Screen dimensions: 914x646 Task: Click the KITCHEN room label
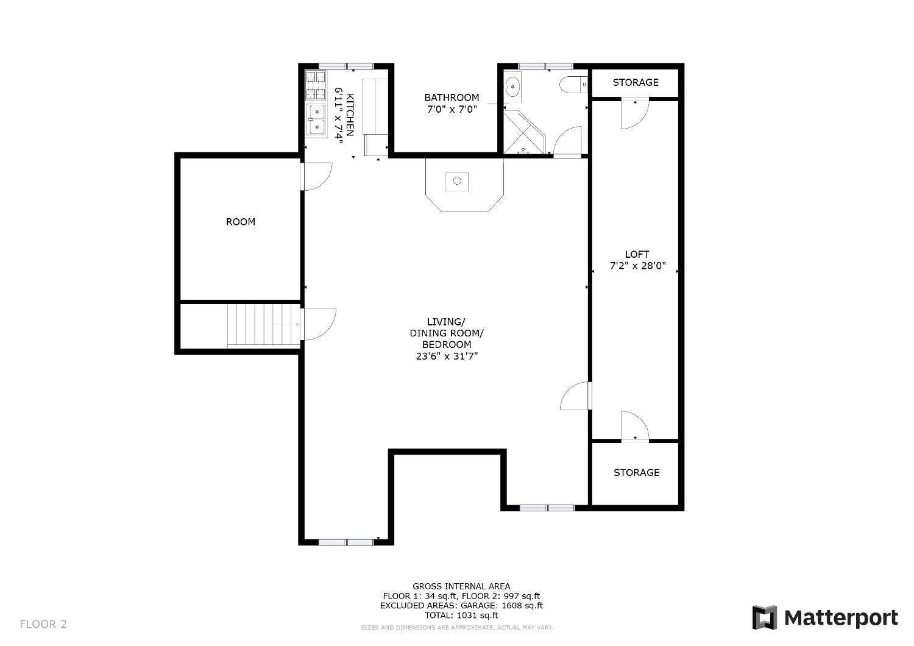click(x=350, y=115)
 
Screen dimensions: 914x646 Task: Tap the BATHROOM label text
click(x=452, y=98)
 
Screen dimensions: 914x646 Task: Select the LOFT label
click(x=637, y=254)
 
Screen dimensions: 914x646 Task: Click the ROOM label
click(x=241, y=222)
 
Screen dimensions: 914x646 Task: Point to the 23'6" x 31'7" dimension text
click(x=447, y=357)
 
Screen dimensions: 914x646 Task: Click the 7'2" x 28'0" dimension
click(x=638, y=266)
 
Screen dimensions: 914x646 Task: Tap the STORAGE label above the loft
click(x=636, y=82)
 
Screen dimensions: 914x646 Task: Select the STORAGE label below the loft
click(x=637, y=472)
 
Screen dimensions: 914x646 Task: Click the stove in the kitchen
click(x=316, y=85)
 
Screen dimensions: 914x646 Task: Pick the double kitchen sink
click(x=317, y=119)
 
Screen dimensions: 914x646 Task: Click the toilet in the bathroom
click(x=574, y=85)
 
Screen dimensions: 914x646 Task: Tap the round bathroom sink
click(x=512, y=86)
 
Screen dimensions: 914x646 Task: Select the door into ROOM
click(x=316, y=176)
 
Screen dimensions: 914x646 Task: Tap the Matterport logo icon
click(x=765, y=617)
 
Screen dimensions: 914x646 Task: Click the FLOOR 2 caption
click(x=43, y=624)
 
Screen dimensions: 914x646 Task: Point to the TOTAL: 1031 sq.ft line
click(x=461, y=616)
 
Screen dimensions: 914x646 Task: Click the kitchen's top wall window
click(x=346, y=66)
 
